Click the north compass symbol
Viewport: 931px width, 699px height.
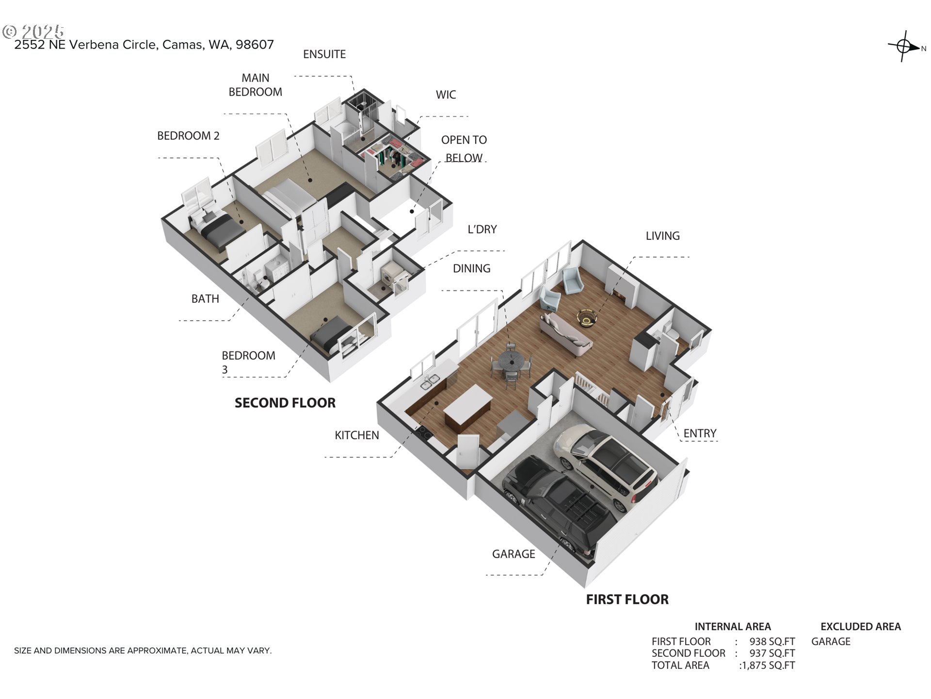point(904,47)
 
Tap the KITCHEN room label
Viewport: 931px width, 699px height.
point(357,435)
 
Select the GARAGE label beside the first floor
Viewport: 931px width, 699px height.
point(514,554)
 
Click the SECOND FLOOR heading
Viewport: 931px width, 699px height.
point(285,403)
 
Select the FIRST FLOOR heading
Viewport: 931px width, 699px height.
point(627,599)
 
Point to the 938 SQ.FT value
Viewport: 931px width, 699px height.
point(772,642)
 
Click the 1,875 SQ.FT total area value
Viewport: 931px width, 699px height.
point(768,666)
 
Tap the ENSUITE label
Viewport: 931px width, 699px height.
point(324,54)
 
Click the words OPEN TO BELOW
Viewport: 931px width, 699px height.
point(464,149)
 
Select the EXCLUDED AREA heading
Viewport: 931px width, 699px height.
point(860,627)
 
